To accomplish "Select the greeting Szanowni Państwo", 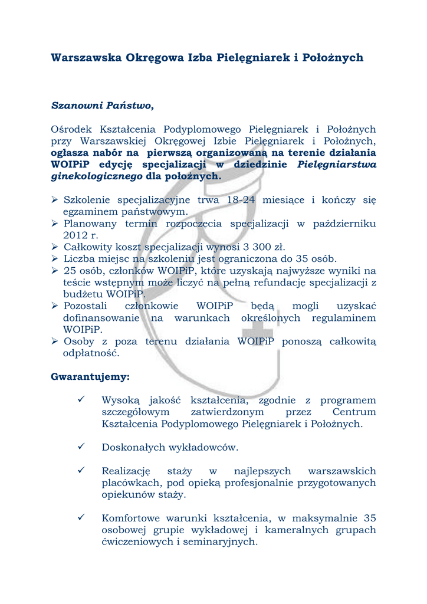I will click(x=102, y=106).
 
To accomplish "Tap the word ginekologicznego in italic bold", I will click(x=97, y=176).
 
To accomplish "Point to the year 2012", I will click(x=75, y=235).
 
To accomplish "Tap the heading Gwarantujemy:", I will click(x=90, y=376).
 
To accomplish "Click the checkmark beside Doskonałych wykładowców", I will click(x=82, y=447).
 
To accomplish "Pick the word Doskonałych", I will click(x=134, y=447).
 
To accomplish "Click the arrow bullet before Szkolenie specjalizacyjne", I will click(x=55, y=200).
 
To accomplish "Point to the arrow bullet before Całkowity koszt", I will click(x=55, y=247).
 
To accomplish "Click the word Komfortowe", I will click(x=130, y=518).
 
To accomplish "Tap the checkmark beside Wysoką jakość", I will click(x=82, y=400).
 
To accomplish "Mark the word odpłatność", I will click(x=91, y=353).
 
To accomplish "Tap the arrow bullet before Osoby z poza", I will click(x=55, y=342).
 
